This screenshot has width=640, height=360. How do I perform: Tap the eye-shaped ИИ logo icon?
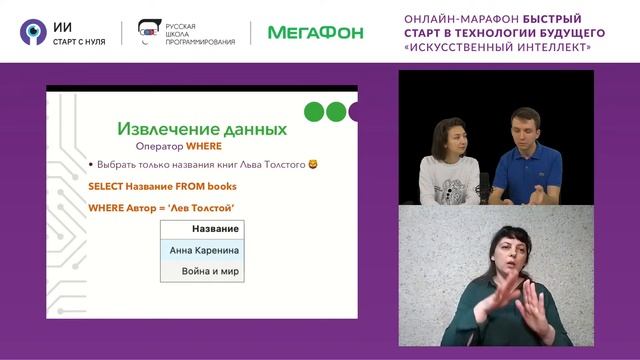click(32, 32)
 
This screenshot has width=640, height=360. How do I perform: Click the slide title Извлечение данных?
click(202, 129)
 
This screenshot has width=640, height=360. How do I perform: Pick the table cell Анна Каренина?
click(204, 250)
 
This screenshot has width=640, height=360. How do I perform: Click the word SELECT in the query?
click(108, 186)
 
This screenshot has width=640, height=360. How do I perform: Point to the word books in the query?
click(221, 186)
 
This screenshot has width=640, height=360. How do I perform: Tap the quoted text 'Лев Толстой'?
click(204, 207)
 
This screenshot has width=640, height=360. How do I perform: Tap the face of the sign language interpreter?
click(500, 250)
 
